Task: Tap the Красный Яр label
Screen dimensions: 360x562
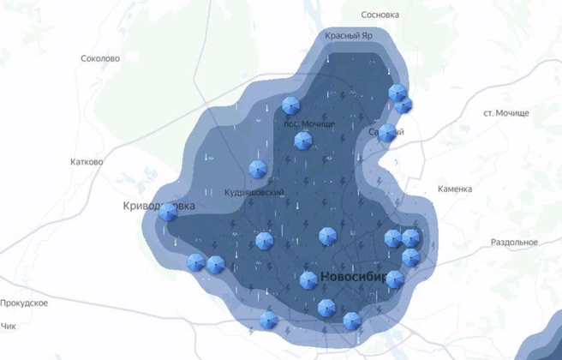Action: (x=349, y=36)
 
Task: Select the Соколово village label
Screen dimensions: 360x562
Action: (x=99, y=59)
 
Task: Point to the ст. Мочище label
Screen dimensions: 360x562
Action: (x=506, y=113)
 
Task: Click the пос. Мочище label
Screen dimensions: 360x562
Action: (x=309, y=124)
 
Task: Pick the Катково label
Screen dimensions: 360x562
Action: (x=87, y=161)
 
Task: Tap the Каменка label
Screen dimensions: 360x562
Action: (x=454, y=189)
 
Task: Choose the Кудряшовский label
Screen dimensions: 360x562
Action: (x=248, y=192)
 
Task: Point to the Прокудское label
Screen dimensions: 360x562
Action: (x=24, y=303)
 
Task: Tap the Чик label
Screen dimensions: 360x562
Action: (x=9, y=327)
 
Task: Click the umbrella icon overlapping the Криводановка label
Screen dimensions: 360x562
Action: (x=168, y=213)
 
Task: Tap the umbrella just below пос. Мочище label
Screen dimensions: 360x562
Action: (x=302, y=141)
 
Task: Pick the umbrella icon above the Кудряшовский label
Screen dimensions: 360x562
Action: (x=256, y=169)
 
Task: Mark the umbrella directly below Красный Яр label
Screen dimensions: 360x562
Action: (x=396, y=92)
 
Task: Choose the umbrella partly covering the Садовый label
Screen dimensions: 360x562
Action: (x=387, y=133)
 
